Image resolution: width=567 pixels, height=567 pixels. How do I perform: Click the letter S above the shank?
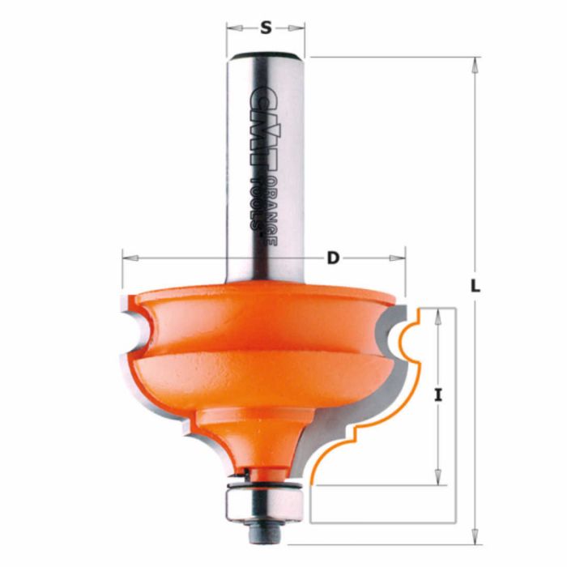pos(266,28)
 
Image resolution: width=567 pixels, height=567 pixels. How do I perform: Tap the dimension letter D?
pos(332,259)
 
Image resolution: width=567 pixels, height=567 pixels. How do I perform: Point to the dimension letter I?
pos(438,396)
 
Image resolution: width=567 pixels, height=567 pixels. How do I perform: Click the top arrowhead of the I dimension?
pos(438,313)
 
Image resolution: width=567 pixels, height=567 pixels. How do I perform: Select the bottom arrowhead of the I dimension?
pos(438,480)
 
